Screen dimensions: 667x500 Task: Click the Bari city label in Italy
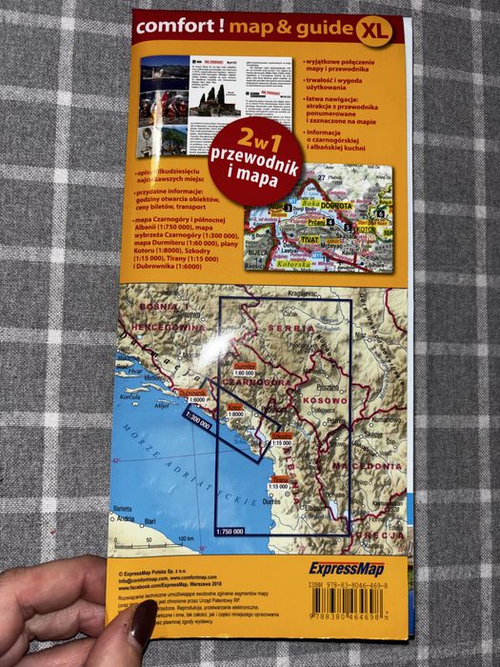pos(150,521)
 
